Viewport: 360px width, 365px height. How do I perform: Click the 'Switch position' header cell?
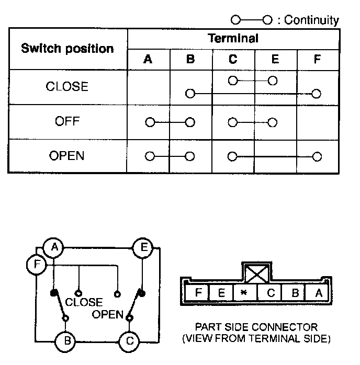(67, 49)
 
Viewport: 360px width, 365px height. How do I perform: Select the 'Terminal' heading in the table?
(233, 38)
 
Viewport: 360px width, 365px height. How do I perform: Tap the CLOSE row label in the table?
(67, 87)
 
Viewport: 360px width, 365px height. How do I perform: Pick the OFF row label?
(67, 122)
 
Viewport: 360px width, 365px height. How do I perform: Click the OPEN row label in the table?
(67, 156)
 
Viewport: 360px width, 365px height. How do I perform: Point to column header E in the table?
(275, 59)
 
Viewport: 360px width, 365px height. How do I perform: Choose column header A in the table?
(148, 59)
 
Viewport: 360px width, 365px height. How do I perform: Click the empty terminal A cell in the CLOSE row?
(148, 87)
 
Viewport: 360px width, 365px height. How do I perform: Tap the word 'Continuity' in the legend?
(312, 20)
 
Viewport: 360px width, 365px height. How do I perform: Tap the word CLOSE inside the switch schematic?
(84, 302)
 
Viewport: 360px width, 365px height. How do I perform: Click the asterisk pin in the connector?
(244, 293)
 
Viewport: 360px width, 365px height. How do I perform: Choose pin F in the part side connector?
(198, 293)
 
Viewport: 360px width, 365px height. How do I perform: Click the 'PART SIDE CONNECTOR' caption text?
(256, 327)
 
